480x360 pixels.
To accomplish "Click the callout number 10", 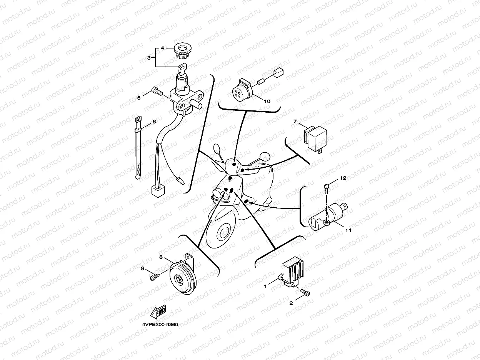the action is pyautogui.click(x=267, y=101).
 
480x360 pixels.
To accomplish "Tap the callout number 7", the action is pyautogui.click(x=295, y=121).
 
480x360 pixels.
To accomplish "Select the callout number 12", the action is pyautogui.click(x=343, y=178).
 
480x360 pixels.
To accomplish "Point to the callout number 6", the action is pyautogui.click(x=154, y=122).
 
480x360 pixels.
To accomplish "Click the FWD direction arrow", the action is pyautogui.click(x=158, y=312).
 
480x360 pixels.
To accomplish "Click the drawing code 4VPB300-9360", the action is pyautogui.click(x=160, y=324).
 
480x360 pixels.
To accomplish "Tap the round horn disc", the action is pyautogui.click(x=183, y=278).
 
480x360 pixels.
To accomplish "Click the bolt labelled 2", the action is pyautogui.click(x=305, y=293).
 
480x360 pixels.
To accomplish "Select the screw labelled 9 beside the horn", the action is pyautogui.click(x=154, y=277).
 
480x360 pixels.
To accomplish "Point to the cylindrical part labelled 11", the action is pyautogui.click(x=328, y=217).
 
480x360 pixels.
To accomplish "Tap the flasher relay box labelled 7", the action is pyautogui.click(x=315, y=138).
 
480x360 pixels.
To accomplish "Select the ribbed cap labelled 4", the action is pyautogui.click(x=182, y=50).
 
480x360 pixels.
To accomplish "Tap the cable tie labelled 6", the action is pyautogui.click(x=138, y=148).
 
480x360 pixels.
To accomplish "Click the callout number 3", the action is pyautogui.click(x=149, y=58).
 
